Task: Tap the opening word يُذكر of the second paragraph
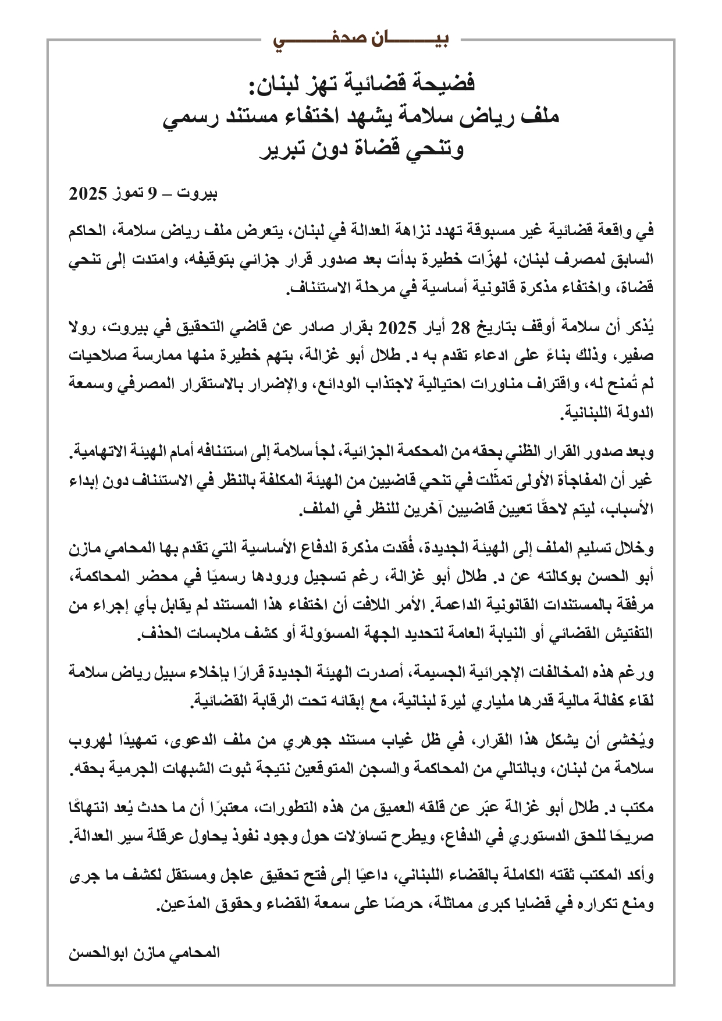(x=640, y=327)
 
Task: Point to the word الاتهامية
(x=102, y=452)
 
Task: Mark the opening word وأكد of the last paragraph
(x=640, y=877)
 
